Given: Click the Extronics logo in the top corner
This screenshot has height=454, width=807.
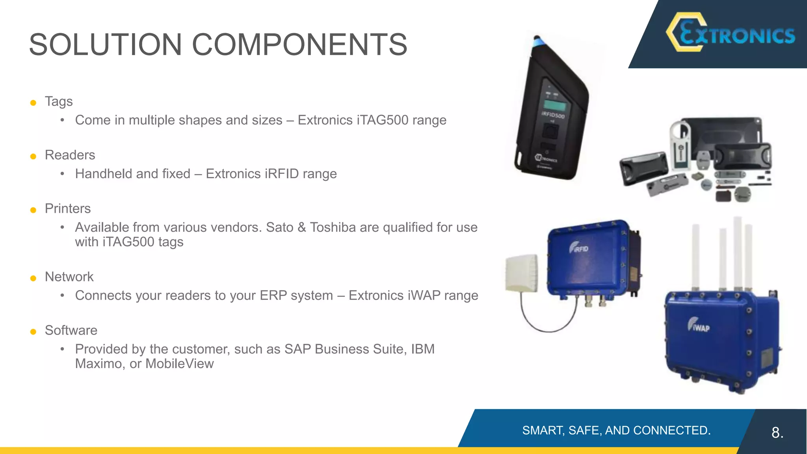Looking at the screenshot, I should pyautogui.click(x=731, y=33).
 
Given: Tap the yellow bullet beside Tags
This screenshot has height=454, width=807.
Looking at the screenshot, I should pyautogui.click(x=33, y=103).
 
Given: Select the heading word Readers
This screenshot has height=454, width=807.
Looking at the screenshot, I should pyautogui.click(x=70, y=155).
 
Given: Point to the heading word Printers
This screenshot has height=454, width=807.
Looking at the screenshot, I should pyautogui.click(x=67, y=209).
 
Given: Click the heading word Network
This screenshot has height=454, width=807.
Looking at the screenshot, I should pyautogui.click(x=69, y=277).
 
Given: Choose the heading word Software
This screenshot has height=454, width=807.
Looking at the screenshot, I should pyautogui.click(x=71, y=331).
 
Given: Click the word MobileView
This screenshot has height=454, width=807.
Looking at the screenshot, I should pyautogui.click(x=179, y=364).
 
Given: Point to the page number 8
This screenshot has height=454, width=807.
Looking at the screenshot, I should pyautogui.click(x=777, y=433).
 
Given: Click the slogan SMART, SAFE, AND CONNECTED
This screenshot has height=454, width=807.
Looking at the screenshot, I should pyautogui.click(x=616, y=430).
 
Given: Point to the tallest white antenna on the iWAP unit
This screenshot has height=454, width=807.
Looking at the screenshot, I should pyautogui.click(x=738, y=252).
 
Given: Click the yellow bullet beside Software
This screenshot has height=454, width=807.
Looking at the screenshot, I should pyautogui.click(x=33, y=332).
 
